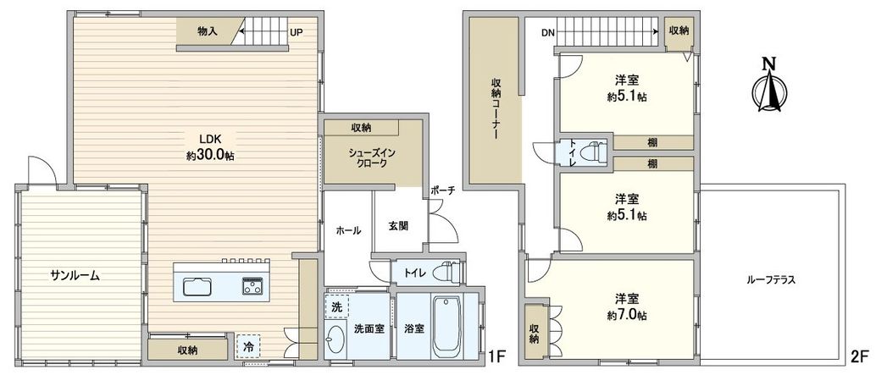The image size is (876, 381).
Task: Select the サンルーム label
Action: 75,275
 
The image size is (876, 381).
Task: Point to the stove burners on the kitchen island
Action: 253,285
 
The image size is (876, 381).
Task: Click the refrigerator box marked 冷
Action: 248,345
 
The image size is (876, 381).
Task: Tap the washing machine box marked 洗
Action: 337,306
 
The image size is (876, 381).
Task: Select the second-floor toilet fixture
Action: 598,152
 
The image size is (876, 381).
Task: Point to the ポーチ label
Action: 442,190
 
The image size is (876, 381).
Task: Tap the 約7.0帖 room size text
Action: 627,315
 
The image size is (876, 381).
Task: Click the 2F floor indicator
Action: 859,356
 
